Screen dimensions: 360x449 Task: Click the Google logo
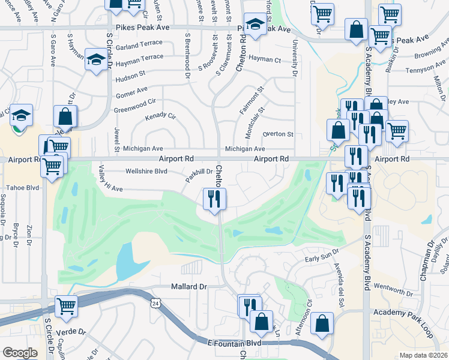[19, 353]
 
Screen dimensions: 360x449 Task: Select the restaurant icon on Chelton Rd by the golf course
[214, 199]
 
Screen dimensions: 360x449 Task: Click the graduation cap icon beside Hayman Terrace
[95, 59]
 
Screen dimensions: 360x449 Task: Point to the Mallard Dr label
[189, 287]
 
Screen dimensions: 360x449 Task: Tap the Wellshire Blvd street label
[146, 171]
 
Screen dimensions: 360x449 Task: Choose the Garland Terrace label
[140, 46]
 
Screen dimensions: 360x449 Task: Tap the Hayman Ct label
[265, 59]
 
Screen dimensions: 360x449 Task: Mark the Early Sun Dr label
[319, 259]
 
